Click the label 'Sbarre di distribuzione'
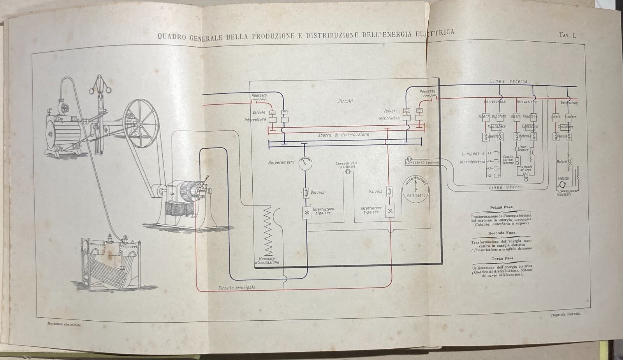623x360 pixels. [x=343, y=135]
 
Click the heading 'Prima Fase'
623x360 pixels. [x=502, y=207]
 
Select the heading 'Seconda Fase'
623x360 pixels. [x=502, y=233]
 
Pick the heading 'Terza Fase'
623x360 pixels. [x=502, y=258]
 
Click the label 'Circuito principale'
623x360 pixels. [x=237, y=287]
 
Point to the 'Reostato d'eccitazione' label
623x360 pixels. [x=267, y=260]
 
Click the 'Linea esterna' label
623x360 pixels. [x=509, y=81]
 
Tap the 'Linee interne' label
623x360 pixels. [x=506, y=187]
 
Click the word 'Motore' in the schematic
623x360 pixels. [x=562, y=162]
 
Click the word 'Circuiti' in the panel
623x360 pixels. [x=346, y=101]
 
